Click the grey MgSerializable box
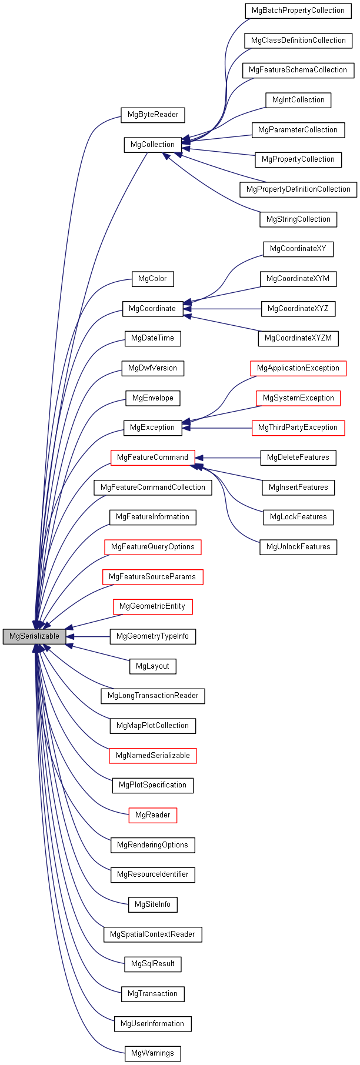34,636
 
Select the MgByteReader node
153,115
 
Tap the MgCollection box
152,145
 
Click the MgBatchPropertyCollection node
298,11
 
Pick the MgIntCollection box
298,100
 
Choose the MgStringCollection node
298,219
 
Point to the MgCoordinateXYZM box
298,338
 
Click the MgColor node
152,279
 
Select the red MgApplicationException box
298,368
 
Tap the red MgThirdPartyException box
298,428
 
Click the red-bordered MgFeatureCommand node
152,458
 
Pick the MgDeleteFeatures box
298,458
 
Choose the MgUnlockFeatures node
298,547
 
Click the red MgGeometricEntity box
152,606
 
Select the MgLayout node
152,666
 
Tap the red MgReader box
152,815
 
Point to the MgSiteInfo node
152,904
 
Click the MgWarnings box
152,1053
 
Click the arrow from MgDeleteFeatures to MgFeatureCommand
229,458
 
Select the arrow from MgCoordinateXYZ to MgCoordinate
224,309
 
